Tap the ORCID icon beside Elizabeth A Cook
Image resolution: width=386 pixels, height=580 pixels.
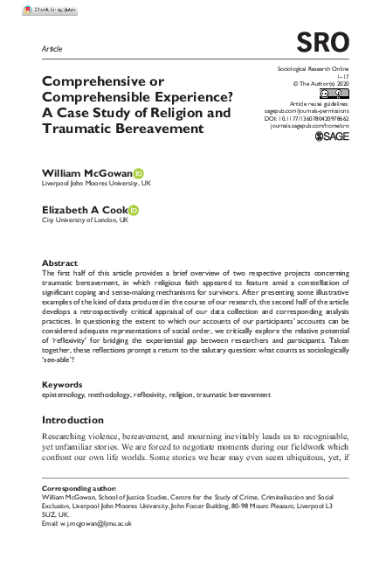click(134, 210)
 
